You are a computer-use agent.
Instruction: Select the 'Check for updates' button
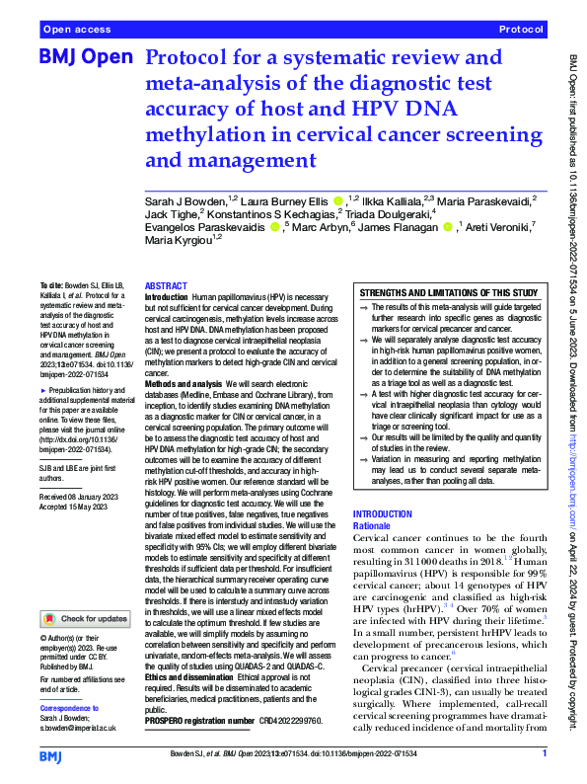tap(85, 619)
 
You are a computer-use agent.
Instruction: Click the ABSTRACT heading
tap(166, 284)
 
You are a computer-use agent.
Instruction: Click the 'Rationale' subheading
tap(372, 525)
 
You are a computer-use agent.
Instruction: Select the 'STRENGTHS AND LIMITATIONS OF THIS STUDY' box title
tap(449, 293)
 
